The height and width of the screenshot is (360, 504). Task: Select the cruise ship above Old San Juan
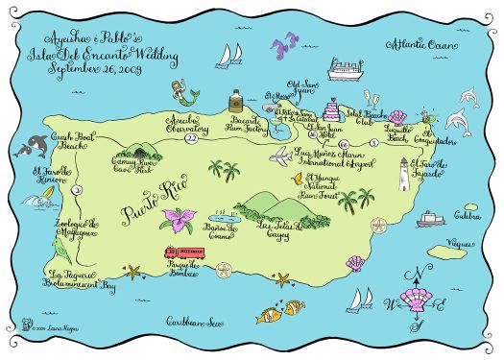344,70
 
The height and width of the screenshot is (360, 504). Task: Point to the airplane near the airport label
281,156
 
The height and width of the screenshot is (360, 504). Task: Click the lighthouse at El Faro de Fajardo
404,175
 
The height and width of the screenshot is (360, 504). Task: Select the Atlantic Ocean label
418,45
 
